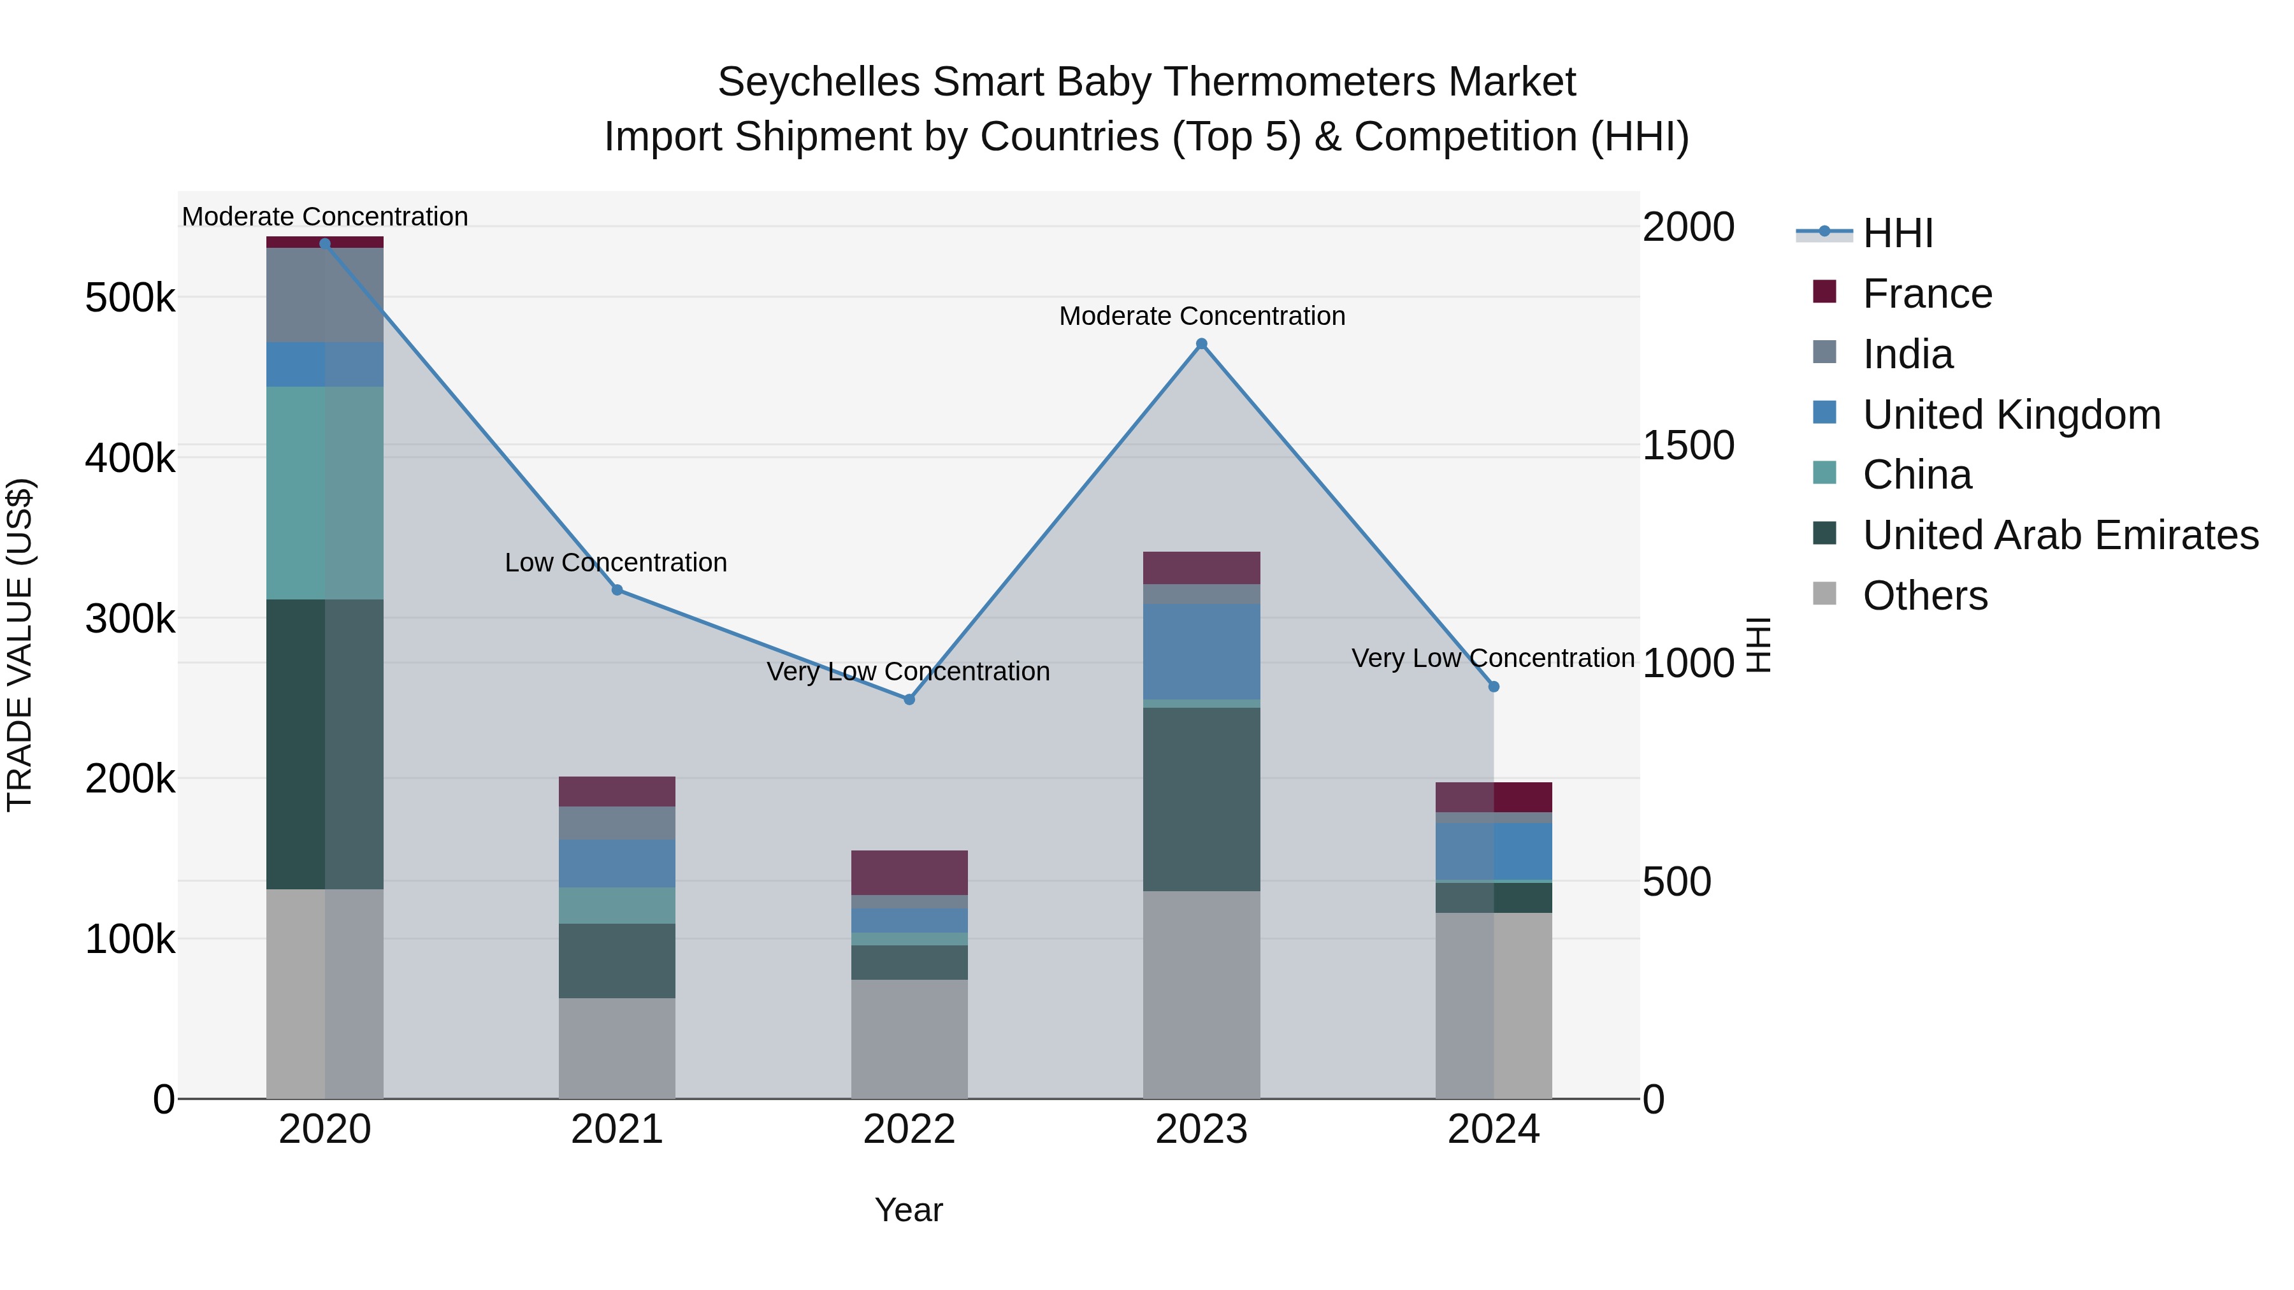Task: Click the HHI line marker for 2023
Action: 1201,343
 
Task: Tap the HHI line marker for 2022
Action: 909,699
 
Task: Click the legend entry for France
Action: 1926,294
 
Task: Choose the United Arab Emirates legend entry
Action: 2060,535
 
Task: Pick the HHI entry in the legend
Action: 1897,233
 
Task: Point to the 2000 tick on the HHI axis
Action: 1687,227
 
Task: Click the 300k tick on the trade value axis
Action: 130,619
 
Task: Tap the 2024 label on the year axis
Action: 1494,1129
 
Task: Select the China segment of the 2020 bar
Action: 324,492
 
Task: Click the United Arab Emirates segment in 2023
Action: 1201,799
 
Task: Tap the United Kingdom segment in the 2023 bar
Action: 1201,651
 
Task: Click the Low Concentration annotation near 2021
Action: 616,563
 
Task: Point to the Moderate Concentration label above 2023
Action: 1201,316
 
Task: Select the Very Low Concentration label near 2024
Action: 1492,658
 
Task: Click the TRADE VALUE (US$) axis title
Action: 20,645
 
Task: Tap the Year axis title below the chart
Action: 908,1210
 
